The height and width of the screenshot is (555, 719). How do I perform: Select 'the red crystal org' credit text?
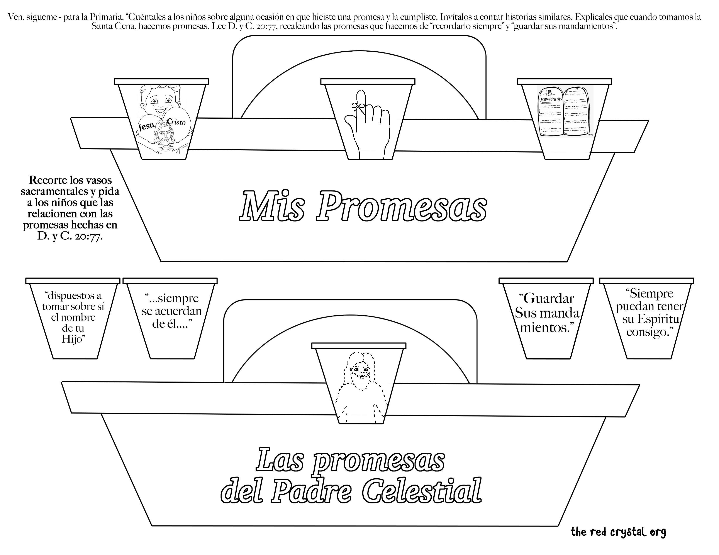pyautogui.click(x=618, y=532)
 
